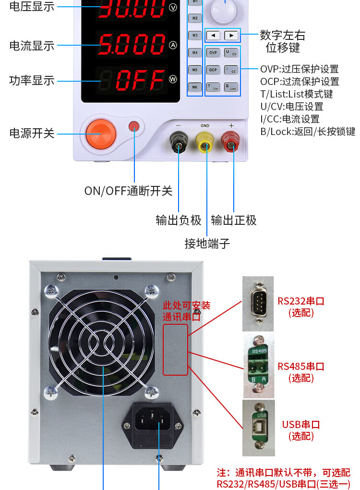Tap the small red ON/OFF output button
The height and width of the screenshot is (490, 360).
(x=134, y=126)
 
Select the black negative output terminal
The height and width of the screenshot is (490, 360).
(x=179, y=142)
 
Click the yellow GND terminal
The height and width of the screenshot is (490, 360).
(x=205, y=142)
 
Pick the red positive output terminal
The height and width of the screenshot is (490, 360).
(x=231, y=142)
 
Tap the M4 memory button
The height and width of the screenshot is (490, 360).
(x=194, y=52)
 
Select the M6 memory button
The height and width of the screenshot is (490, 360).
(x=194, y=87)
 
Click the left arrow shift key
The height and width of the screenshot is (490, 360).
(x=213, y=35)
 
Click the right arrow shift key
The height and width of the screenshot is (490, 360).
(x=231, y=35)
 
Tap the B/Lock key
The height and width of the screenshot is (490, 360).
(x=231, y=87)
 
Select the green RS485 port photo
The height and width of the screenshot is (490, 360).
(x=258, y=367)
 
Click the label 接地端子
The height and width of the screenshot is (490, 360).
(x=207, y=244)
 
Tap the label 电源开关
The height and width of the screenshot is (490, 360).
(x=32, y=134)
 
